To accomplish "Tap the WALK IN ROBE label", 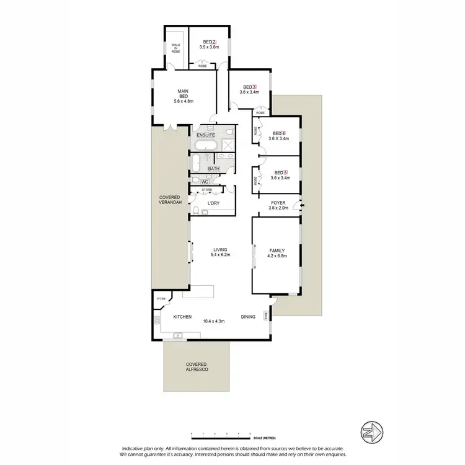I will pos(175,48).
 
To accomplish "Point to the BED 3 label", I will pos(249,87).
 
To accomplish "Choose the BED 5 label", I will pos(280,173).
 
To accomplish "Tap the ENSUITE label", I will pos(206,135).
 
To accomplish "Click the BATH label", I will pos(213,169).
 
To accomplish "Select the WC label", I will pos(213,182).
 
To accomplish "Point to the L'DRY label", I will pos(213,203).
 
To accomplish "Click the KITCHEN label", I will pos(182,316).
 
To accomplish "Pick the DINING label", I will pos(248,316).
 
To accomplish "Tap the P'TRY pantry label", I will pos(161,299).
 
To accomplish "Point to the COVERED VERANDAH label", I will pos(169,200).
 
